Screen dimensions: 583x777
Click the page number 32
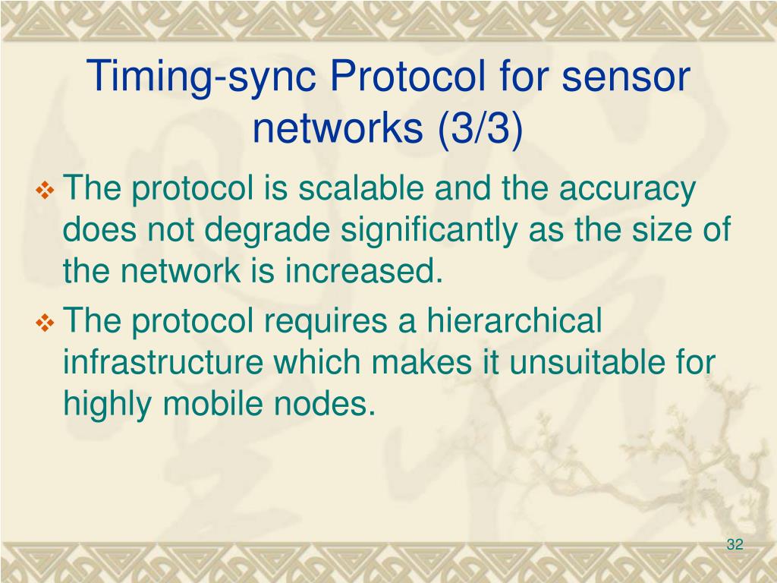(x=735, y=545)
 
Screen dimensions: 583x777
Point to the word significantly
(x=401, y=231)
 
